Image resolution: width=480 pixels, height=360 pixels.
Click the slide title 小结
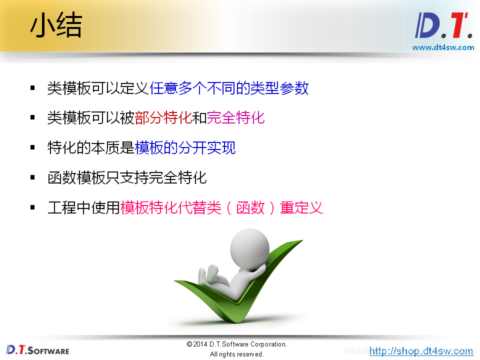click(x=56, y=26)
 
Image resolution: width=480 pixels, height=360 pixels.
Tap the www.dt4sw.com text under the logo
click(x=443, y=47)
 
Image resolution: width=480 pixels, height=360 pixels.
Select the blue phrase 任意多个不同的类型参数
click(x=229, y=88)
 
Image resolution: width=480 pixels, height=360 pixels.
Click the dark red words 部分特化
click(x=163, y=118)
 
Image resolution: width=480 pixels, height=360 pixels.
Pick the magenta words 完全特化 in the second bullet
click(x=235, y=118)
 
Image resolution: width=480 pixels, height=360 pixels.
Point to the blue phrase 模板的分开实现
click(x=185, y=147)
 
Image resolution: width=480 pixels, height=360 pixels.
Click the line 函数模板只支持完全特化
click(x=127, y=177)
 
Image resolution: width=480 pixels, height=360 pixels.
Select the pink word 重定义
click(x=301, y=207)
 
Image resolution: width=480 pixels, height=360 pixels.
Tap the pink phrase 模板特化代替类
click(x=170, y=207)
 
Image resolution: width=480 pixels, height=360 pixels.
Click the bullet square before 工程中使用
click(x=33, y=207)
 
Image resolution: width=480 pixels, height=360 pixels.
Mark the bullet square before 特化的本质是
click(x=33, y=147)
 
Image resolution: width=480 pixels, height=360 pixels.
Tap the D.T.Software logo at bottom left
click(x=37, y=350)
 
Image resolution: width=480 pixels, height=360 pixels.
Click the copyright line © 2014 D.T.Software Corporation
click(x=236, y=344)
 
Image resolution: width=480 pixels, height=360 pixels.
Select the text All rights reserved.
click(x=236, y=354)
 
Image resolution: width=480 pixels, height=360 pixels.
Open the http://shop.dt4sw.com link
click(x=421, y=351)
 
